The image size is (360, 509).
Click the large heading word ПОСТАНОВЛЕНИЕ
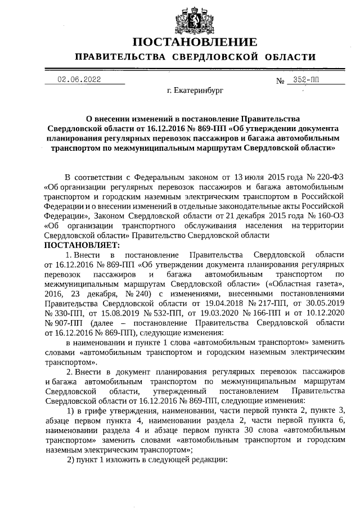[195, 42]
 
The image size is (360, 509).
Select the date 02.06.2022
[79, 80]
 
